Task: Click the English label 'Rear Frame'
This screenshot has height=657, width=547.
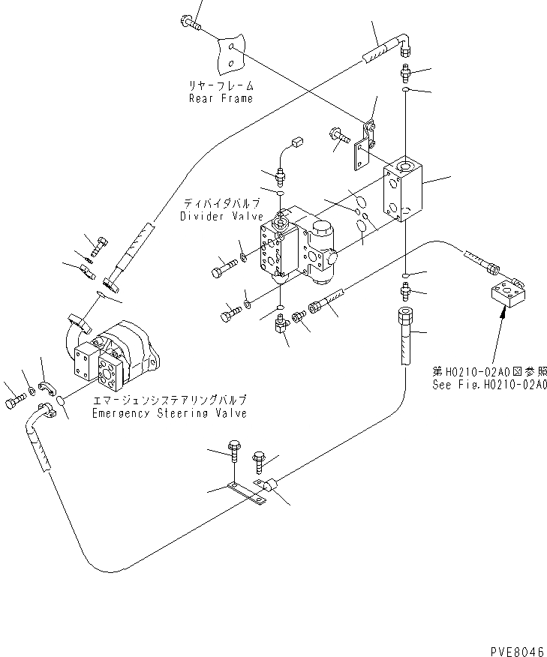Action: (x=221, y=98)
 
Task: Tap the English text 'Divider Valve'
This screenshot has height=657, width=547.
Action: (x=221, y=217)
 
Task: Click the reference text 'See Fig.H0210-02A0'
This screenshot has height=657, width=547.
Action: (x=490, y=383)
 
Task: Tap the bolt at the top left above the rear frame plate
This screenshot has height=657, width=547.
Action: (x=191, y=22)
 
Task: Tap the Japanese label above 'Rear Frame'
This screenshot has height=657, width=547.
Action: (x=221, y=85)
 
